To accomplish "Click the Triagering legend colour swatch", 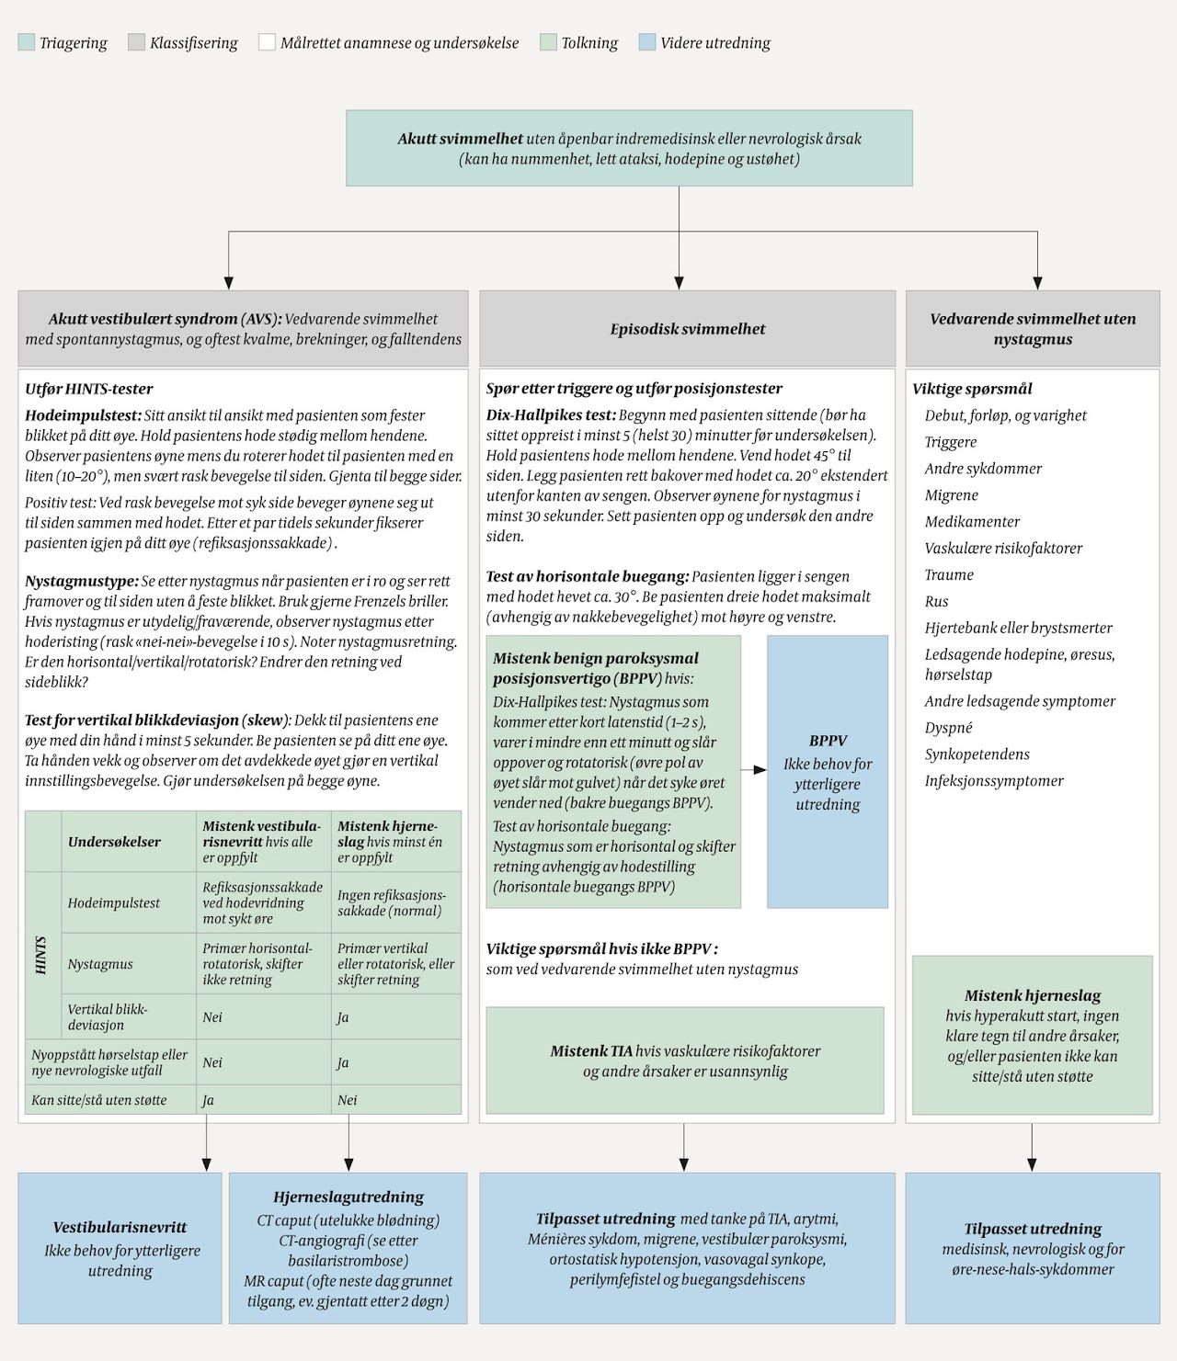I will pyautogui.click(x=26, y=42).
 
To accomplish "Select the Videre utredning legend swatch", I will pyautogui.click(x=647, y=42).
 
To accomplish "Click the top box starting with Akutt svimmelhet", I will pyautogui.click(x=629, y=148).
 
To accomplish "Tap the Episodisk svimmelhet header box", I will pyautogui.click(x=687, y=329).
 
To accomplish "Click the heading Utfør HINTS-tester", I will pyautogui.click(x=89, y=389).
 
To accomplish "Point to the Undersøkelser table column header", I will pyautogui.click(x=114, y=842).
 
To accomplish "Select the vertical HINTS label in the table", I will pyautogui.click(x=41, y=956).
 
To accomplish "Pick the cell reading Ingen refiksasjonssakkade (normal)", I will pyautogui.click(x=391, y=903).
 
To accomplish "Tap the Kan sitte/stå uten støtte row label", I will pyautogui.click(x=99, y=1100).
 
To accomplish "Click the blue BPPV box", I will pyautogui.click(x=828, y=772).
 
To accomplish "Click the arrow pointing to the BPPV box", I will pyautogui.click(x=755, y=770).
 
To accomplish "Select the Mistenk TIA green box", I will pyautogui.click(x=685, y=1060).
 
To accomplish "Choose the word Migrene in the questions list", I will pyautogui.click(x=952, y=495).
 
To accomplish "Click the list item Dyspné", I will pyautogui.click(x=948, y=728).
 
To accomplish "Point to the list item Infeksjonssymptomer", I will pyautogui.click(x=994, y=781).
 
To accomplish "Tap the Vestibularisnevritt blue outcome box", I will pyautogui.click(x=120, y=1248).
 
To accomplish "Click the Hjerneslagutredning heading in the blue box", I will pyautogui.click(x=349, y=1197).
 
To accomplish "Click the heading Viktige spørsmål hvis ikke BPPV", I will pyautogui.click(x=601, y=949).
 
